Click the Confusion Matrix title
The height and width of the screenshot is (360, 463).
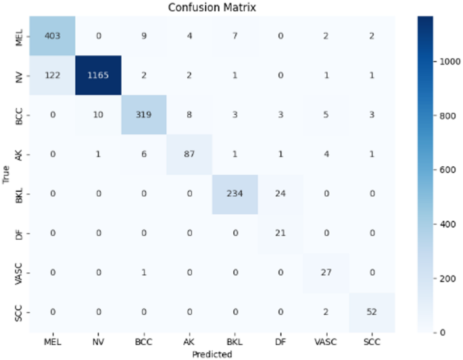[x=210, y=7]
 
